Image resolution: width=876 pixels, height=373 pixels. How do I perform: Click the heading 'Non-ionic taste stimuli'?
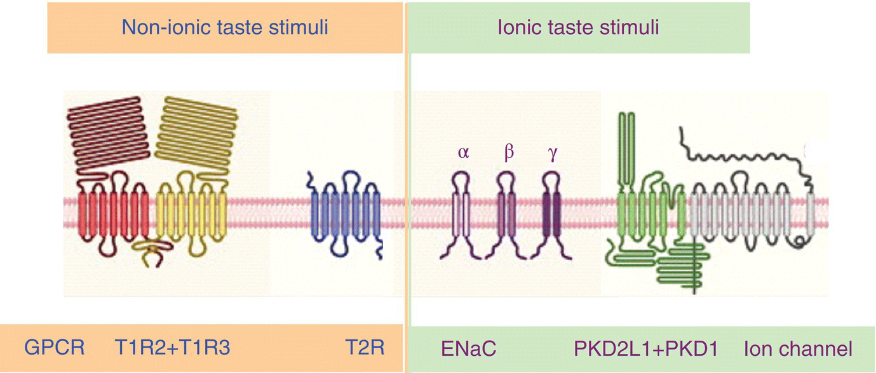click(225, 27)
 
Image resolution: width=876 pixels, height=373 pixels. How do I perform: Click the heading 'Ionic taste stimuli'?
click(577, 27)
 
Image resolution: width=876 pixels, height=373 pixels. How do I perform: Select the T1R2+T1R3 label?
click(172, 348)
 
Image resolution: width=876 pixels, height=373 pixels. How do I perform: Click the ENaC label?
click(468, 348)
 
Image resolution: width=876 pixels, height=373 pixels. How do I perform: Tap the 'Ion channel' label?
click(798, 348)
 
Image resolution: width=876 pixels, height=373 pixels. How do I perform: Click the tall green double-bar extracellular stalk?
click(626, 149)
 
